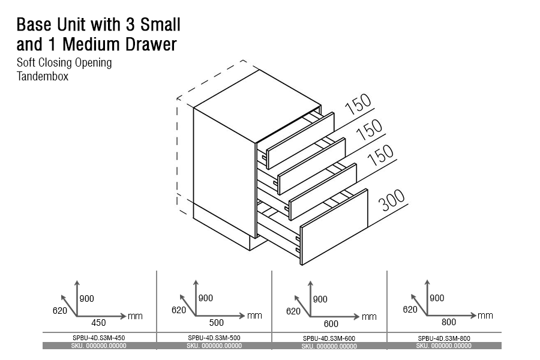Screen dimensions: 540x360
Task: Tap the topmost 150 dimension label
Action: coord(358,104)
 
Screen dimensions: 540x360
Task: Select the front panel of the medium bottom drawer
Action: coord(334,227)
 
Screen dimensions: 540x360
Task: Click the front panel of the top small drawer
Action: coord(301,140)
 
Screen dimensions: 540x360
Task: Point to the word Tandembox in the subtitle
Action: coord(43,76)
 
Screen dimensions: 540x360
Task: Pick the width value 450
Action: coord(98,323)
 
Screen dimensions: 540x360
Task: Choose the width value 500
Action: coord(216,322)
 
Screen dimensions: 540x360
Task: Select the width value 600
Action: coord(331,324)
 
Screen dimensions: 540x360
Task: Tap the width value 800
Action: coord(449,322)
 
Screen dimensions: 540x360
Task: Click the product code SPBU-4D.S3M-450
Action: coord(99,338)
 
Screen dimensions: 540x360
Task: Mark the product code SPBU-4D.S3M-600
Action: coord(329,338)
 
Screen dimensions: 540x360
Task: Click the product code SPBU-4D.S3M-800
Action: coord(444,338)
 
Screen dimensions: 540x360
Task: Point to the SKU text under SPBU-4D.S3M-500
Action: coord(214,346)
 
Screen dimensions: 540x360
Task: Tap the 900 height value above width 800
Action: coord(437,298)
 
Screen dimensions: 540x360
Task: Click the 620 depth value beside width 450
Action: coord(60,311)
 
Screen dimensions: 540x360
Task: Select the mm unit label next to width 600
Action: coord(369,317)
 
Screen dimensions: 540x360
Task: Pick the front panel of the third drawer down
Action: coord(323,191)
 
